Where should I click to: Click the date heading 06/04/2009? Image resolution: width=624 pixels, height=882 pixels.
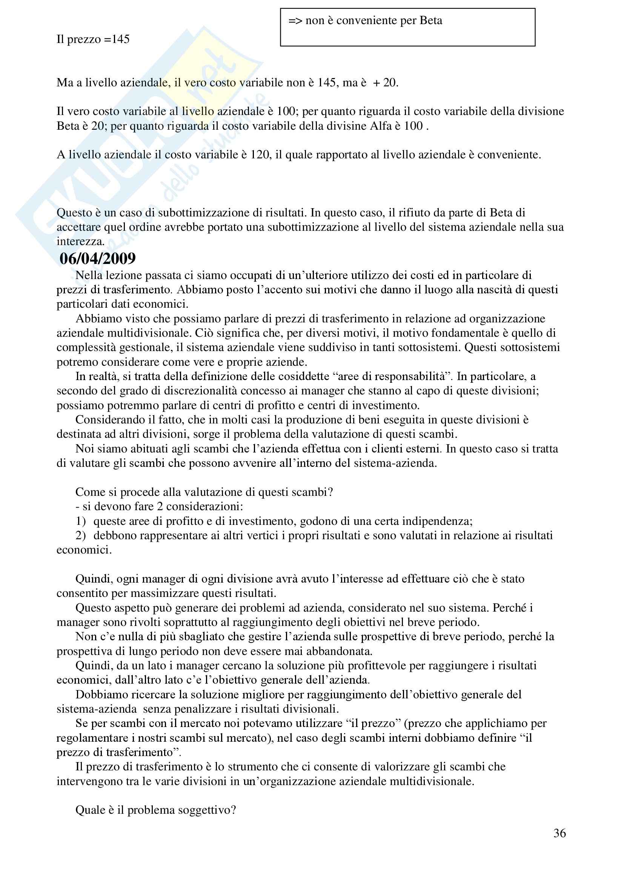pyautogui.click(x=98, y=258)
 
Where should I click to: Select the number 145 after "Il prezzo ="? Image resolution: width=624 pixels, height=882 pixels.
pyautogui.click(x=121, y=39)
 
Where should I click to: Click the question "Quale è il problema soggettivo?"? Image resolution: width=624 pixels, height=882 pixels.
pyautogui.click(x=155, y=810)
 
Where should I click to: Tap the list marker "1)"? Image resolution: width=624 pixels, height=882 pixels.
pyautogui.click(x=81, y=521)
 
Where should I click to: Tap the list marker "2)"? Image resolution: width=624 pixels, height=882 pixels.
pyautogui.click(x=81, y=535)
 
